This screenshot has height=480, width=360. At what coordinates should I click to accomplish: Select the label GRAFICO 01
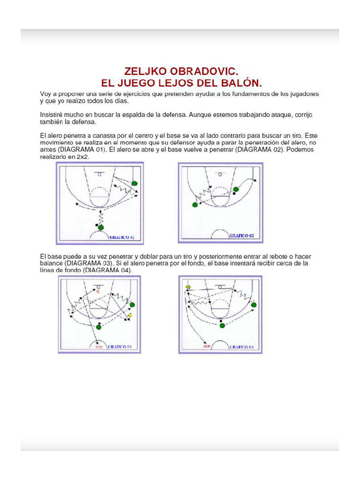(122, 238)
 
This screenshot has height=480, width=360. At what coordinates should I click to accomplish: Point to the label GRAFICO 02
(241, 236)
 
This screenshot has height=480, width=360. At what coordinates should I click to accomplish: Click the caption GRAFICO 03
(120, 347)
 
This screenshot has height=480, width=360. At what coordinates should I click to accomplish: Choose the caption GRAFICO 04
(241, 347)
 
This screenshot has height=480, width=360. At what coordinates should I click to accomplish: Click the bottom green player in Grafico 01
(100, 227)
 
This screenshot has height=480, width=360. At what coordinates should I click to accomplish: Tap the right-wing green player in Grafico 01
(135, 183)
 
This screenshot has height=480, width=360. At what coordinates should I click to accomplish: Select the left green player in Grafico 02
(195, 205)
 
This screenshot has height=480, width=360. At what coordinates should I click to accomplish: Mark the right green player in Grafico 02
(236, 189)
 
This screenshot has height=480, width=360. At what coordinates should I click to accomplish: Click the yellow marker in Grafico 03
(130, 316)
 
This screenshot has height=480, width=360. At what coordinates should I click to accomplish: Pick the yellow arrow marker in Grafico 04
(188, 287)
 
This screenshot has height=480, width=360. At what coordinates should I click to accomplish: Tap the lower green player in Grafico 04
(222, 325)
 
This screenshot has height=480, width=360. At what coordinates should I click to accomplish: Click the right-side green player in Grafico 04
(254, 305)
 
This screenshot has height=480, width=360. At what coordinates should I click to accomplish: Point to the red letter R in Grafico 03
(98, 291)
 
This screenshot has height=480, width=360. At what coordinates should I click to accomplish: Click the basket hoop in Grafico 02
(220, 174)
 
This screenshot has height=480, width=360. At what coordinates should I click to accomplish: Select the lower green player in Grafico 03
(99, 326)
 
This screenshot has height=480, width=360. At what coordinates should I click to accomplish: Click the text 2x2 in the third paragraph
(83, 157)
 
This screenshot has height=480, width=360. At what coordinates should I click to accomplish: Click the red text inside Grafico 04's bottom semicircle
(207, 347)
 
